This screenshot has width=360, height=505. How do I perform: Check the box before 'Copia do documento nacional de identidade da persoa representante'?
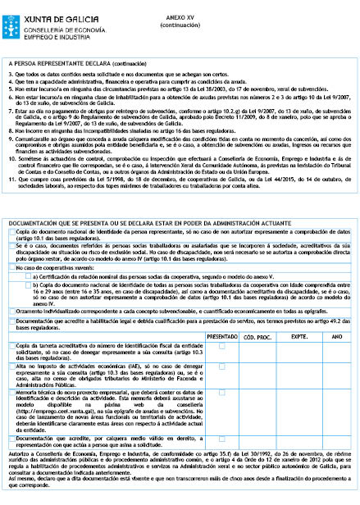pos(11,233)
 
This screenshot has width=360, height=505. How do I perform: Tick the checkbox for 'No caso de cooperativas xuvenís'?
pos(11,267)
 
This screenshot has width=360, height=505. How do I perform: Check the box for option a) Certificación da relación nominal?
pos(27,277)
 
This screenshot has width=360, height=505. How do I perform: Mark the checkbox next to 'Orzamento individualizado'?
pos(11,310)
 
